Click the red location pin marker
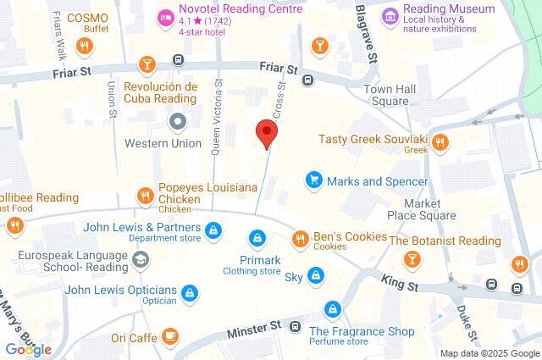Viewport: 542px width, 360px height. coord(267,134)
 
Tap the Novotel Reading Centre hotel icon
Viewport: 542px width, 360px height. coord(163,15)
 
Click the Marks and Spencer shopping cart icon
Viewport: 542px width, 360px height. coord(313,180)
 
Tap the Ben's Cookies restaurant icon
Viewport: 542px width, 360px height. coord(300,240)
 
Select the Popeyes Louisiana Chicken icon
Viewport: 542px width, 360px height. coord(146,197)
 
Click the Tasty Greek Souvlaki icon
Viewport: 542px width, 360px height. coord(439,144)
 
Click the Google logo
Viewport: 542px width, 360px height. coord(29,349)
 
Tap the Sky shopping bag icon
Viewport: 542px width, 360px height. coord(316,276)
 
